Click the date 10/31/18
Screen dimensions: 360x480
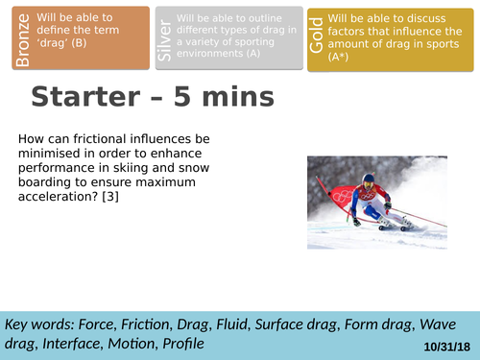click(444, 345)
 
